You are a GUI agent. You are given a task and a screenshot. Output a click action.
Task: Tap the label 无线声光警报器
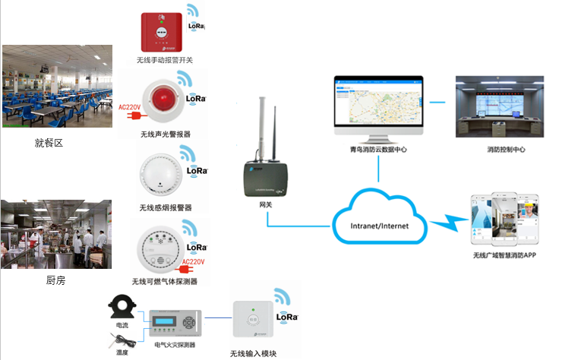(166, 134)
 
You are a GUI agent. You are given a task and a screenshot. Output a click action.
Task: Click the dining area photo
(58, 87)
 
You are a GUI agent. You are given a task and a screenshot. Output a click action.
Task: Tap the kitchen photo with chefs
(57, 234)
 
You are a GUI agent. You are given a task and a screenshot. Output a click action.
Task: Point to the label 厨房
(55, 280)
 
